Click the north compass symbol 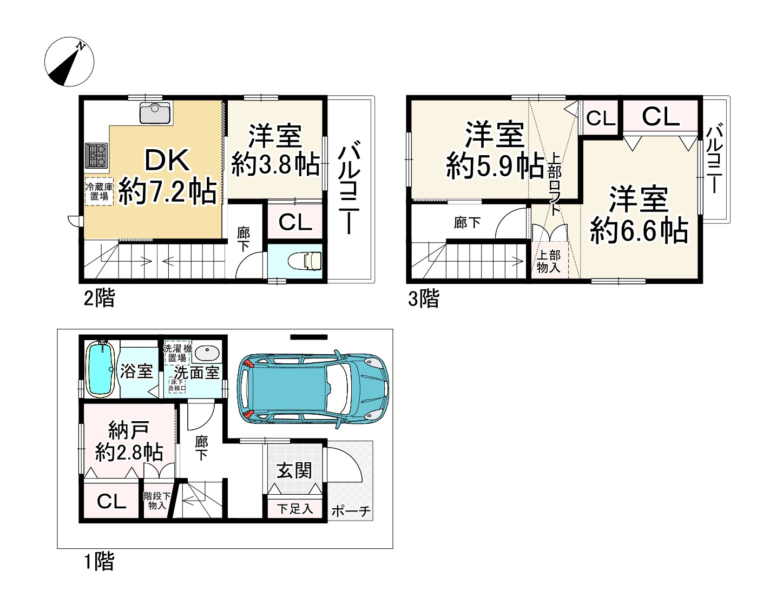pyautogui.click(x=69, y=62)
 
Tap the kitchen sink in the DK pyautogui.click(x=155, y=112)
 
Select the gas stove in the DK pyautogui.click(x=96, y=156)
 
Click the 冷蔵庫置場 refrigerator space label pyautogui.click(x=98, y=191)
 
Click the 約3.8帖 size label pyautogui.click(x=275, y=164)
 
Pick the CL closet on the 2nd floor pyautogui.click(x=295, y=222)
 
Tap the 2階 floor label pyautogui.click(x=99, y=297)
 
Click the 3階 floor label pyautogui.click(x=423, y=298)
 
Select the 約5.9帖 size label pyautogui.click(x=495, y=165)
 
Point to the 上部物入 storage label pyautogui.click(x=548, y=261)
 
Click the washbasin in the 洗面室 pyautogui.click(x=206, y=353)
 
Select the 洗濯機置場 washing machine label pyautogui.click(x=177, y=353)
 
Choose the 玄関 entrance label pyautogui.click(x=294, y=470)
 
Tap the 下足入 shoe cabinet pyautogui.click(x=295, y=508)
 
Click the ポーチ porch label pyautogui.click(x=351, y=511)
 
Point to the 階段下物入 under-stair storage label pyautogui.click(x=157, y=500)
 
